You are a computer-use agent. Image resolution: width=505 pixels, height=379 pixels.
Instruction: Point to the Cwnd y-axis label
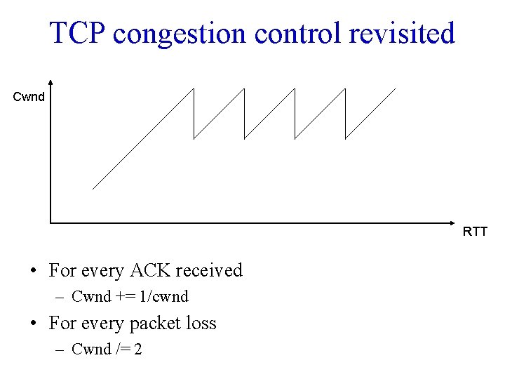tap(29, 97)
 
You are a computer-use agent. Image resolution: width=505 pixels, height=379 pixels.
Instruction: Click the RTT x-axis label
tap(475, 232)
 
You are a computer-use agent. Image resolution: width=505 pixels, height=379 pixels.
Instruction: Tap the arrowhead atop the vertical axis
tap(50, 82)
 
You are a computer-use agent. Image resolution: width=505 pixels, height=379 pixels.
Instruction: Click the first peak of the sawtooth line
tap(194, 89)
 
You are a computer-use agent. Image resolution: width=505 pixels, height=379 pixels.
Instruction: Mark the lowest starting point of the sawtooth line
tap(93, 189)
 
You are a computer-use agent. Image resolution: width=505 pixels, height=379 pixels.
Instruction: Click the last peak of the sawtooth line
tap(396, 88)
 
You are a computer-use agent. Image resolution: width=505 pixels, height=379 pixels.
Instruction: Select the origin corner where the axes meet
tap(50, 223)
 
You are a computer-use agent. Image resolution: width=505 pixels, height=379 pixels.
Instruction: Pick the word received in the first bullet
tap(208, 270)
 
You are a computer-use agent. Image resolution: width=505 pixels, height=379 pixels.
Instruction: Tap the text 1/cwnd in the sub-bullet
tap(164, 297)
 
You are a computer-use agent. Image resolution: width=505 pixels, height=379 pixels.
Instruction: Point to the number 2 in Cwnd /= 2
tap(137, 350)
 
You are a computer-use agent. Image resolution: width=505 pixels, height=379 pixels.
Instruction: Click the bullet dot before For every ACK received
tap(33, 272)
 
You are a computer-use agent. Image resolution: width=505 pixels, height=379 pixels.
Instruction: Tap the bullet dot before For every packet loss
tap(33, 324)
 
